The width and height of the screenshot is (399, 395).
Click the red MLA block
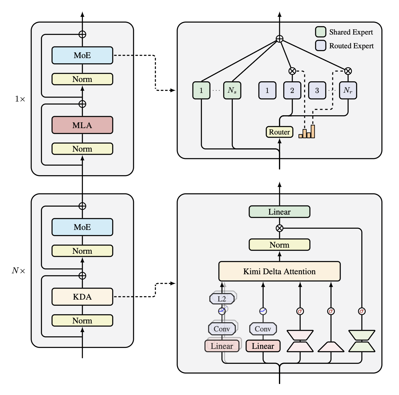(x=82, y=125)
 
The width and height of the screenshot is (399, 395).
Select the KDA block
(x=82, y=297)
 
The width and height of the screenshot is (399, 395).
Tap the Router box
(x=279, y=132)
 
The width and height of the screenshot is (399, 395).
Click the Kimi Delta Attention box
(x=279, y=271)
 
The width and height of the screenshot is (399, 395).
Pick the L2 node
(x=222, y=299)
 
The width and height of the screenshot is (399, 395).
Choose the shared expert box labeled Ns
(x=232, y=90)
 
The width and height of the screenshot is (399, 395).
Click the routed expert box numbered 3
(x=317, y=90)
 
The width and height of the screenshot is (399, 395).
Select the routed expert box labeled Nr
(x=348, y=90)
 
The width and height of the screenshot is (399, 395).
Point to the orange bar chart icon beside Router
(x=307, y=132)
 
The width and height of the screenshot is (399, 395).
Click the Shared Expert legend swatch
(x=320, y=32)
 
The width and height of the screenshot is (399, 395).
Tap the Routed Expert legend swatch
(x=320, y=46)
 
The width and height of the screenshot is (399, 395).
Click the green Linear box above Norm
(x=279, y=212)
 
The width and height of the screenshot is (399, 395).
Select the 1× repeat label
(x=20, y=99)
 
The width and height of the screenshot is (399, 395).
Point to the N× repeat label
(x=19, y=271)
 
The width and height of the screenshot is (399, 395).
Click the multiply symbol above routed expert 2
(x=292, y=71)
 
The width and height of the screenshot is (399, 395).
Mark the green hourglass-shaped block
(x=362, y=341)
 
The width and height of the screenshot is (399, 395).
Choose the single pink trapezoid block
(x=331, y=347)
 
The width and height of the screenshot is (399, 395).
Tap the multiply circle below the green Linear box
(x=279, y=228)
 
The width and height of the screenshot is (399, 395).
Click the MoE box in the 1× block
(x=82, y=55)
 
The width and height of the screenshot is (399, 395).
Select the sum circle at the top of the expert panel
(x=279, y=39)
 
